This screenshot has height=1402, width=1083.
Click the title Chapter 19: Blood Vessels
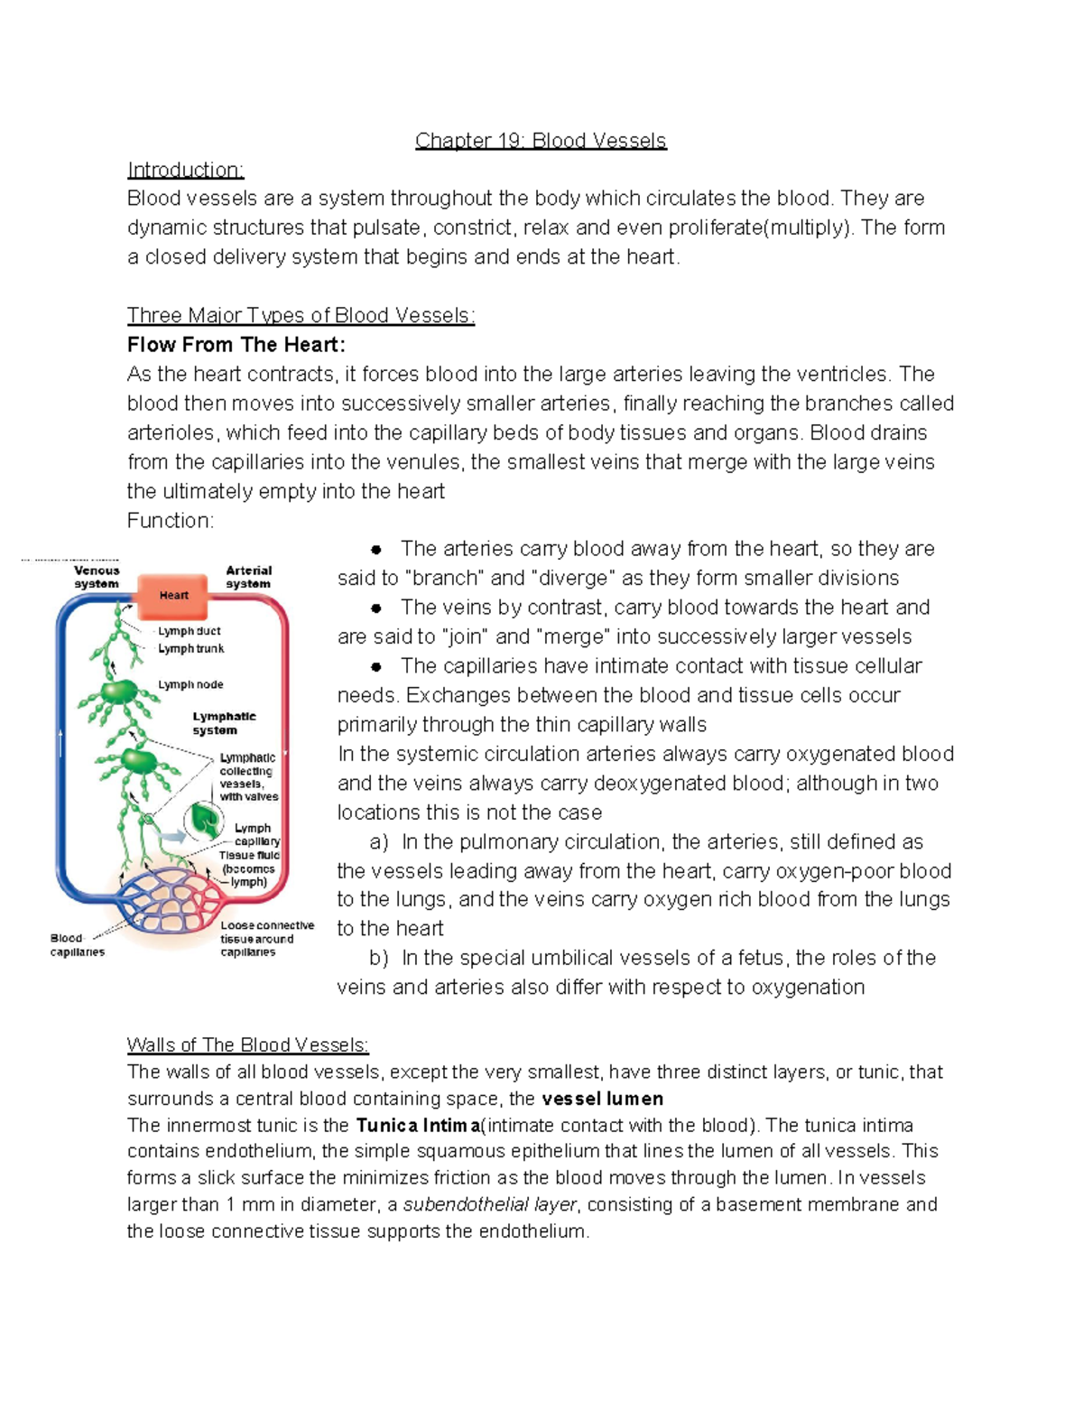click(541, 141)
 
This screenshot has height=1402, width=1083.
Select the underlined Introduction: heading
click(185, 170)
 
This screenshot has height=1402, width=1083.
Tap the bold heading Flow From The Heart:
click(236, 345)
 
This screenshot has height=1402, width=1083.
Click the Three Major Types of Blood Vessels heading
click(301, 315)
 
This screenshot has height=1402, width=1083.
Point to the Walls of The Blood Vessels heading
click(247, 1045)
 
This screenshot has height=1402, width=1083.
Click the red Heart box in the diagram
click(173, 596)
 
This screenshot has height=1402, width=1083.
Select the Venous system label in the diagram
click(97, 577)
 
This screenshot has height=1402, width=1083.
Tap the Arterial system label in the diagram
click(248, 577)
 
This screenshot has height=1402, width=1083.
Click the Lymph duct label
click(189, 631)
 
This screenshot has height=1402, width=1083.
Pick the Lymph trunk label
click(190, 648)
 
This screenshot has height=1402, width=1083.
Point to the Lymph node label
click(190, 684)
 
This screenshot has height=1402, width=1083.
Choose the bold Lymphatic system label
click(223, 723)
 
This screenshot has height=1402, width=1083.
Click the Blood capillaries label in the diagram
click(77, 945)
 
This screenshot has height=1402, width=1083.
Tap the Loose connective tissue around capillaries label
click(266, 939)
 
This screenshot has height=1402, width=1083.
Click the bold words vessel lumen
click(602, 1099)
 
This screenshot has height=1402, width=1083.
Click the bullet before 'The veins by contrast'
click(376, 608)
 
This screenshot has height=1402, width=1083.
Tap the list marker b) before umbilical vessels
click(378, 958)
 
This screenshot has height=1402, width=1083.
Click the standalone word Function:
click(171, 521)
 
